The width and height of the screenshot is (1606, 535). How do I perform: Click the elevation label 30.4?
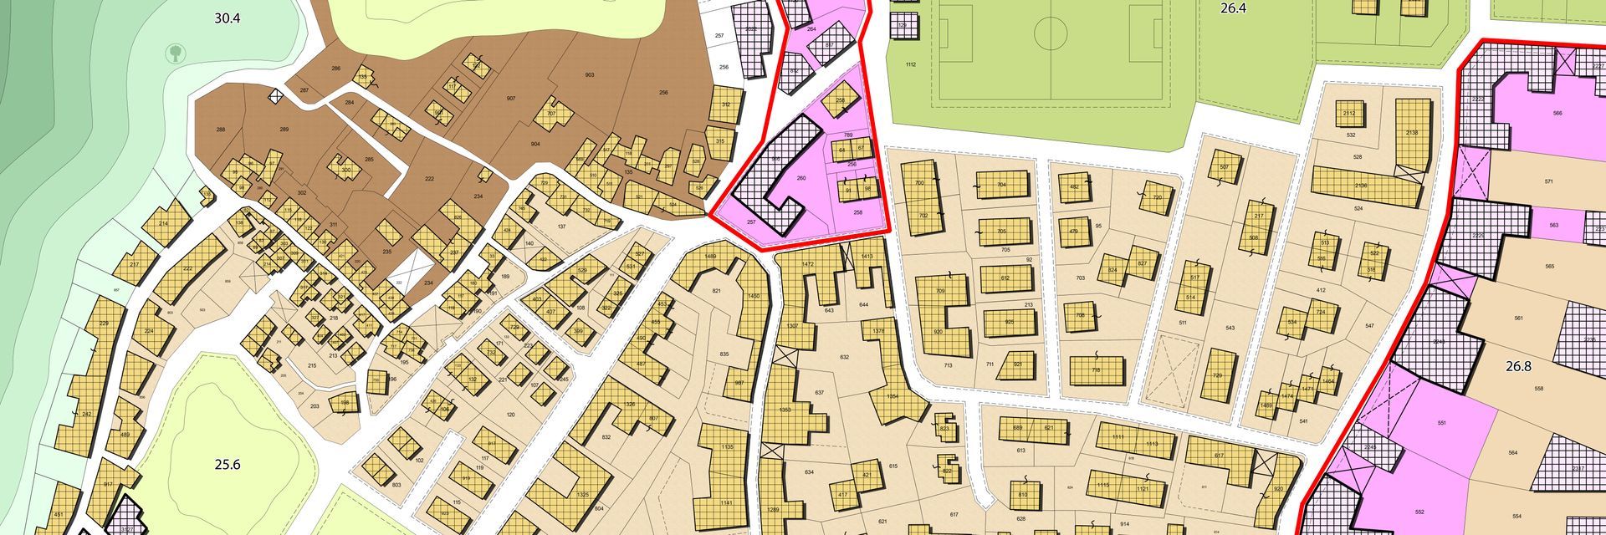pyautogui.click(x=227, y=18)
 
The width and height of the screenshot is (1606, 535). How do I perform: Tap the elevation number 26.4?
pyautogui.click(x=1233, y=8)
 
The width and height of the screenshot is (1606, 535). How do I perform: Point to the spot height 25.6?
pyautogui.click(x=227, y=465)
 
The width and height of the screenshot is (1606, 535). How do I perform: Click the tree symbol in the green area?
pyautogui.click(x=176, y=53)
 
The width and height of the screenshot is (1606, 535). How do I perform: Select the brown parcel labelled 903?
pyautogui.click(x=589, y=75)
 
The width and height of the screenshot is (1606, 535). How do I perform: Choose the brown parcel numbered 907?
pyautogui.click(x=511, y=99)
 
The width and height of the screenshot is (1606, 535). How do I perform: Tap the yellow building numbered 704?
pyautogui.click(x=1001, y=185)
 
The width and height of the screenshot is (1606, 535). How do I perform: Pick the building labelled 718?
pyautogui.click(x=1096, y=370)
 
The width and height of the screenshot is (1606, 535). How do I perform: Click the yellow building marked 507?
pyautogui.click(x=1225, y=166)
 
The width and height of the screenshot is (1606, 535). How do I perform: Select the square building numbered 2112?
pyautogui.click(x=1348, y=114)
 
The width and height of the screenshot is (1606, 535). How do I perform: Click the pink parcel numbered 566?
pyautogui.click(x=1557, y=113)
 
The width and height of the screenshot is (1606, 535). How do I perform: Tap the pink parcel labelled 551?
pyautogui.click(x=1441, y=424)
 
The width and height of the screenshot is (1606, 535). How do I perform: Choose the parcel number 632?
pyautogui.click(x=844, y=357)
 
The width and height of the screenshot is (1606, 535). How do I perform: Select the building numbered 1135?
pyautogui.click(x=726, y=447)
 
